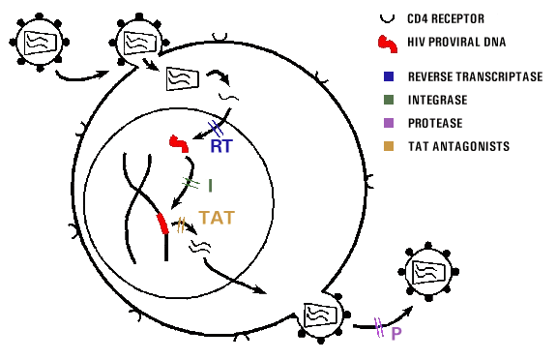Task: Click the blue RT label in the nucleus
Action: (221, 146)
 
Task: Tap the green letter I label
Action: (210, 186)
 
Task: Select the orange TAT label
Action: (217, 218)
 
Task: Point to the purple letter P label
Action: (396, 334)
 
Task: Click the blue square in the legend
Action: (389, 76)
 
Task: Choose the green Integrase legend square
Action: (389, 100)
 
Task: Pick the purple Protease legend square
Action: (389, 123)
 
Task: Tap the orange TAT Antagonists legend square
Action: (389, 146)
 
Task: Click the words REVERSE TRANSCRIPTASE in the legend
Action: (476, 76)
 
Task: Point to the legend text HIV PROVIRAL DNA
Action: (456, 42)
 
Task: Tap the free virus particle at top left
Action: (40, 43)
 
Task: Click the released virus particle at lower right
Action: (428, 272)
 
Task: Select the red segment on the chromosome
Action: (162, 224)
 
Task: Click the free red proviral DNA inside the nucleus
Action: (180, 144)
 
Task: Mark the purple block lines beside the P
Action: (379, 327)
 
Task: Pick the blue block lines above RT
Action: (216, 129)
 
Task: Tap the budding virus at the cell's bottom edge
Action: (321, 317)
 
